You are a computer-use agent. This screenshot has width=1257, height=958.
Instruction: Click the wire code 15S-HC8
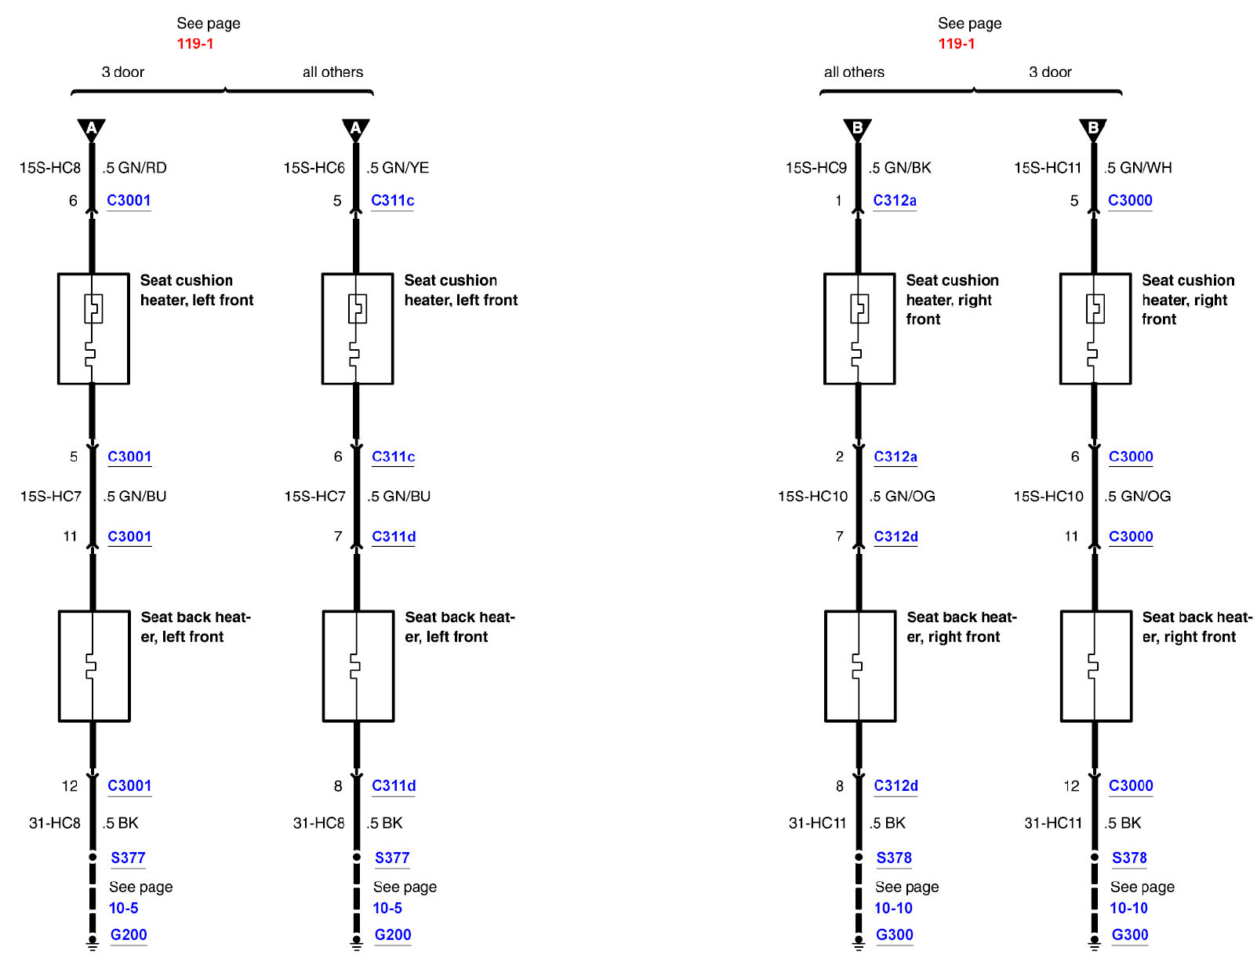pyautogui.click(x=50, y=167)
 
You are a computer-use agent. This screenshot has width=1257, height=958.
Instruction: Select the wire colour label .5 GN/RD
pyautogui.click(x=134, y=167)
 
